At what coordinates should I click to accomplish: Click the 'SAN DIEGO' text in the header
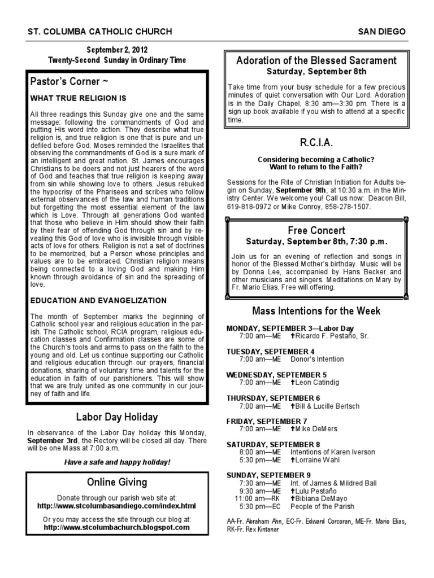pos(382,32)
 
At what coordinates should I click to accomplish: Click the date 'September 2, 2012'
pos(116,50)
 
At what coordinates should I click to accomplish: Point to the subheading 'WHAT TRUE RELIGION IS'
pos(78,98)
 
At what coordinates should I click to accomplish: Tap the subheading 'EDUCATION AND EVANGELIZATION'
pos(98,300)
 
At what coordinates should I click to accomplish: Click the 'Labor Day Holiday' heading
pos(117,417)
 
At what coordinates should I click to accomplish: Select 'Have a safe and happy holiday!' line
pos(117,462)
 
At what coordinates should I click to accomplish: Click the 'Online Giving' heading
pos(117,482)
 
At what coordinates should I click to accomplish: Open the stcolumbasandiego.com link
pos(117,506)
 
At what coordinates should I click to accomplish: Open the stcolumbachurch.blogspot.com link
pos(117,527)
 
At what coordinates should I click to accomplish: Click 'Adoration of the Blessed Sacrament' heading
pos(316,60)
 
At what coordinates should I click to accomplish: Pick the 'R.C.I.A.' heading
pos(316,141)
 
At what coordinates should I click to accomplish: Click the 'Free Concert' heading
pos(316,230)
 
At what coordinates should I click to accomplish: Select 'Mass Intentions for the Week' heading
pos(316,310)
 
